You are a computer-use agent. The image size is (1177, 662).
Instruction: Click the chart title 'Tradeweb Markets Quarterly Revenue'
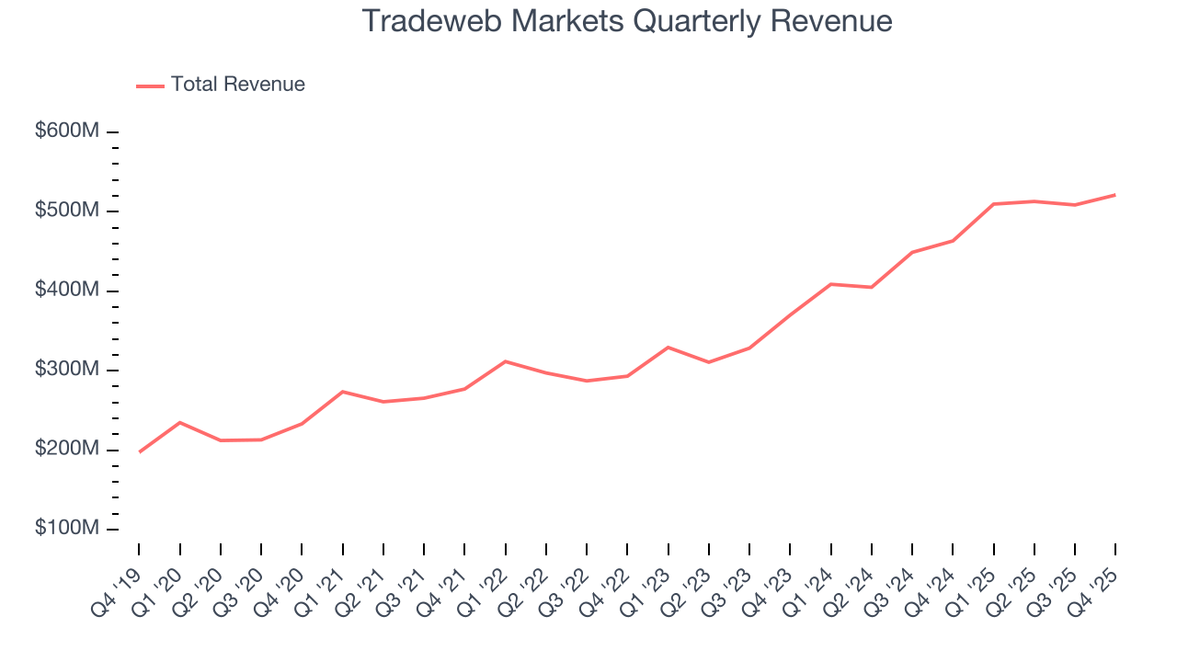click(x=627, y=20)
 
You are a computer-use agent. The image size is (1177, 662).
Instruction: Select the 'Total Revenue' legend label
click(x=237, y=85)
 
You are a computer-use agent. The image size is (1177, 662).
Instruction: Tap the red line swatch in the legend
click(x=150, y=86)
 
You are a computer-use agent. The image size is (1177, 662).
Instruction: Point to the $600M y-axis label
click(x=67, y=131)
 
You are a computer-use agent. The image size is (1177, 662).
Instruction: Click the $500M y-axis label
click(x=67, y=211)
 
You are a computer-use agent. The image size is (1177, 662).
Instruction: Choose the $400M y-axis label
click(x=67, y=291)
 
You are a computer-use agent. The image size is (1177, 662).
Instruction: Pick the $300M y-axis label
click(x=67, y=370)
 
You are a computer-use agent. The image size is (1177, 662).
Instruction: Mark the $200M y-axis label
click(x=67, y=450)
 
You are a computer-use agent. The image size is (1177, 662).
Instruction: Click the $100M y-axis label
click(x=67, y=529)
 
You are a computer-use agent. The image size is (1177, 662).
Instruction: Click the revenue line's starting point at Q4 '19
click(x=139, y=451)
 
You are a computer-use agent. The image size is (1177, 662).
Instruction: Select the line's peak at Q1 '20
click(x=179, y=422)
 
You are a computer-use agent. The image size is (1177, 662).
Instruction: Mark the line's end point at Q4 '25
click(x=1114, y=195)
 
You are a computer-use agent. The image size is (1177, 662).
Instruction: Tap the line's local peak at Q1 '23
click(x=668, y=348)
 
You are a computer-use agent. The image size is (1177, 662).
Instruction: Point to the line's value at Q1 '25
click(x=993, y=204)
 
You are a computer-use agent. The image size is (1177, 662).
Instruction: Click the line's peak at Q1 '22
click(x=505, y=361)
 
